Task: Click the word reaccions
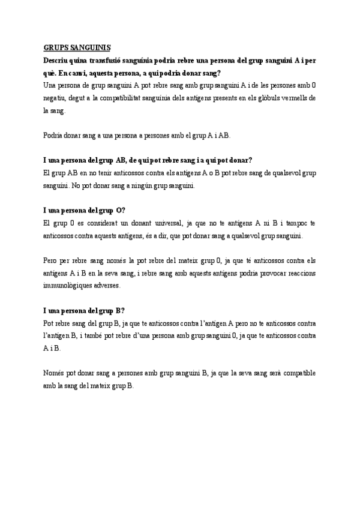272,274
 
